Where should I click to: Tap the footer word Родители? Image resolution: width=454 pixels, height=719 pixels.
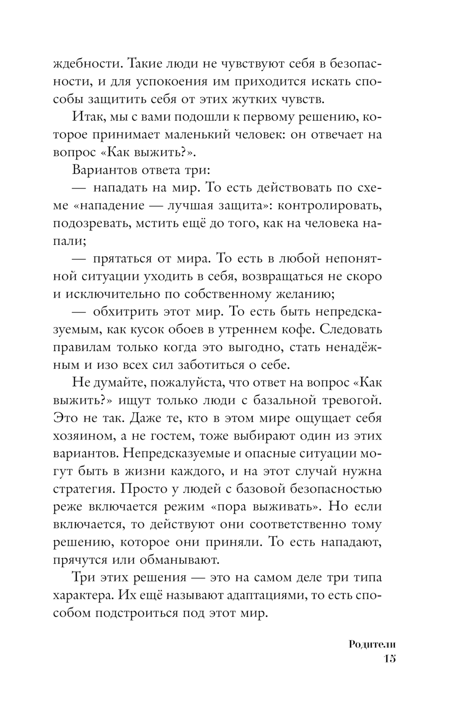pyautogui.click(x=373, y=644)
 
